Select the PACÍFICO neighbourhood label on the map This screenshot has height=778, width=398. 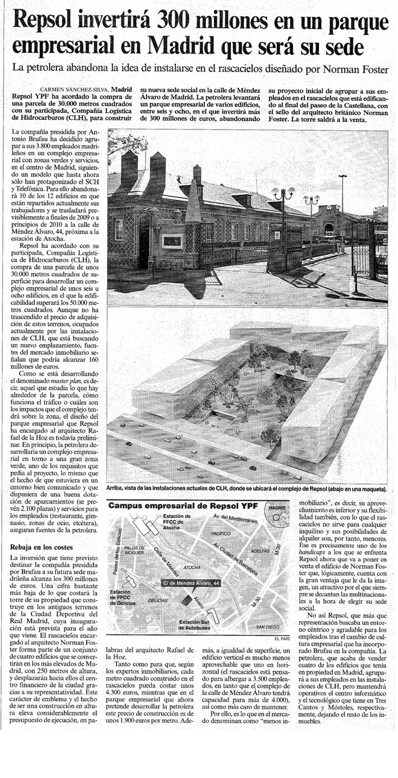point(221,534)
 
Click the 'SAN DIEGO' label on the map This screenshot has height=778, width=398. point(268,626)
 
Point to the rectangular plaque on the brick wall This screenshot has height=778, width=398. point(172,241)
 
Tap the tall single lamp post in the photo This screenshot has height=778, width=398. point(343,213)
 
